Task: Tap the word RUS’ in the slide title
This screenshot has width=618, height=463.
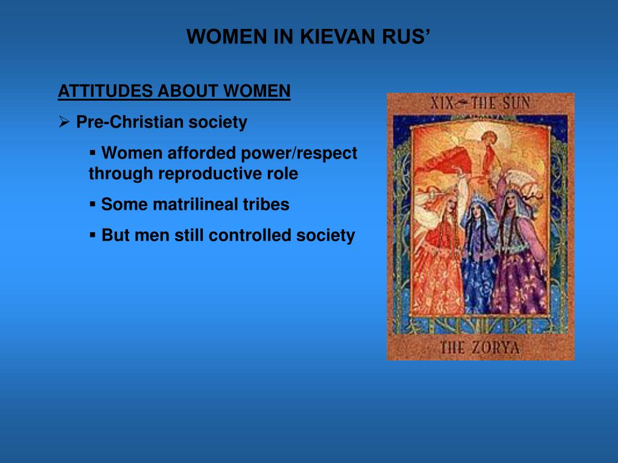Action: tap(405, 37)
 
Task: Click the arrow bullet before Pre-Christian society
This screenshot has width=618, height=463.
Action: tap(65, 122)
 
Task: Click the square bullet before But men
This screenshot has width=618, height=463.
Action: tap(93, 235)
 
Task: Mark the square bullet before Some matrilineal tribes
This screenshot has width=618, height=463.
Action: tap(93, 204)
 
